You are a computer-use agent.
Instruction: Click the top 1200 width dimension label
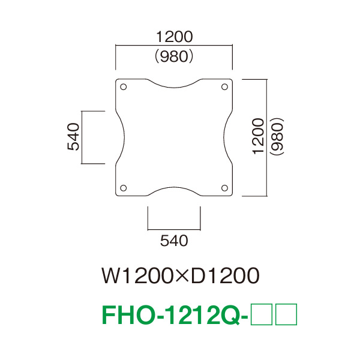coord(175,37)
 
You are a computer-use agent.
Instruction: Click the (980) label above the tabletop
coord(174,56)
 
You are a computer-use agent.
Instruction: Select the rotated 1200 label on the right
coord(258,136)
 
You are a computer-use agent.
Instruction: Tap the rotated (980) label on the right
coord(277,136)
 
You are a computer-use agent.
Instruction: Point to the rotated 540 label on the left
coord(73,137)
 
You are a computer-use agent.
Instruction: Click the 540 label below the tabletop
coord(174,241)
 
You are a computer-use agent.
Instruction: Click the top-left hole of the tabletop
coord(123,87)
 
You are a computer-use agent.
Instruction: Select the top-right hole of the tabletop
coord(224,87)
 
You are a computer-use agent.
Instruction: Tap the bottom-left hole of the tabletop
coord(123,188)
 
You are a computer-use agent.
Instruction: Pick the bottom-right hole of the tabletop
coord(224,188)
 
